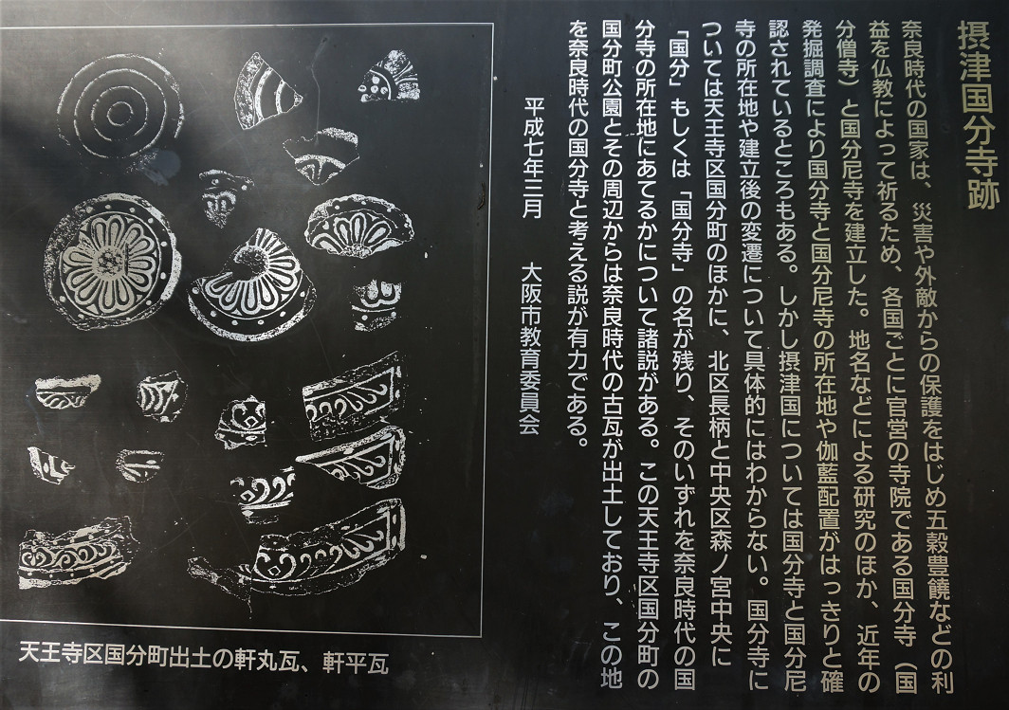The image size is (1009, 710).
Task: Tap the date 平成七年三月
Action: click(x=534, y=158)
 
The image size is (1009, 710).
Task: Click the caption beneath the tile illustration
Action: click(x=204, y=661)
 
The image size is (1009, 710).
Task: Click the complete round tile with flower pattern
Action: click(x=113, y=261)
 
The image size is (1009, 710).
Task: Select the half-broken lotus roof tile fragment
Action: click(x=252, y=286)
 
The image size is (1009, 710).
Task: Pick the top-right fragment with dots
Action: click(x=390, y=77)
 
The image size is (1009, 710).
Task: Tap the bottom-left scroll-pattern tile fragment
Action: click(x=77, y=553)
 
